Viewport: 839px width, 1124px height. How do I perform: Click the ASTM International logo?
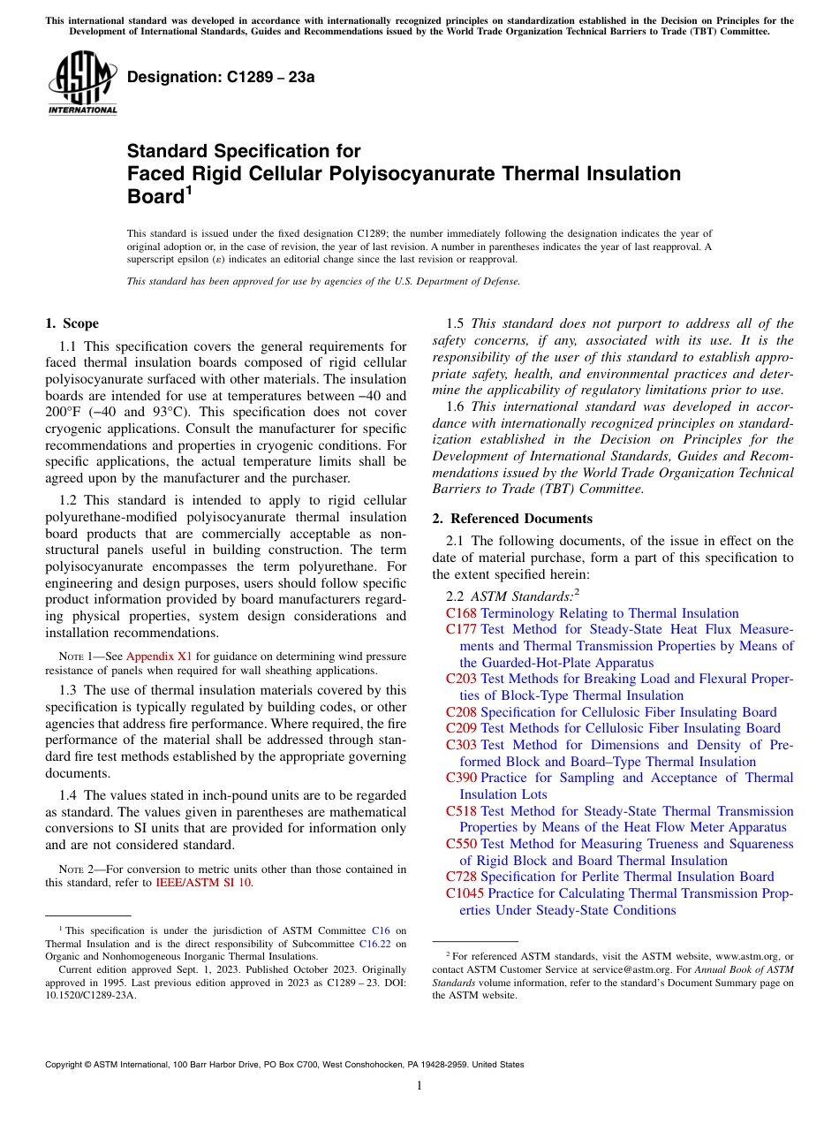point(82,83)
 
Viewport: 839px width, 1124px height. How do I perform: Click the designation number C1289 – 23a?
point(221,77)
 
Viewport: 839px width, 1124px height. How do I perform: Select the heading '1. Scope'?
point(72,323)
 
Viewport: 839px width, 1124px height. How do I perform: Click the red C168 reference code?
point(461,613)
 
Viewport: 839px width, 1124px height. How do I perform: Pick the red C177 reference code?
point(461,629)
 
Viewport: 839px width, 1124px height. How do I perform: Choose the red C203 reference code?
point(461,679)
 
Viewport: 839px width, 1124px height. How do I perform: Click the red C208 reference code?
point(461,712)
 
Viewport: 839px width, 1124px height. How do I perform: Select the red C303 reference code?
point(461,745)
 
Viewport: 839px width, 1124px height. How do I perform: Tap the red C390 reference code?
point(461,778)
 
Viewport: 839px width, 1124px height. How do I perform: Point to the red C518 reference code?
point(461,811)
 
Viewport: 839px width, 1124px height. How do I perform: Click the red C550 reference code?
point(461,844)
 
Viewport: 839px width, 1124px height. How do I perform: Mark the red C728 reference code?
point(461,877)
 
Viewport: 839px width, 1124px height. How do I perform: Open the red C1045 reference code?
point(465,893)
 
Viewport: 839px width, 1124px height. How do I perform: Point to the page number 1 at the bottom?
point(419,1086)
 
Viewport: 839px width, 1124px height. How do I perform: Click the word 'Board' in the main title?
point(155,196)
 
